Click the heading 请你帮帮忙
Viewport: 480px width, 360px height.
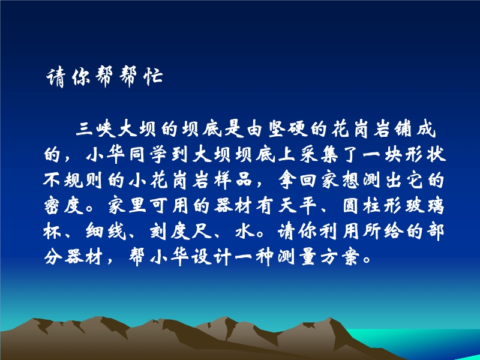tap(104, 77)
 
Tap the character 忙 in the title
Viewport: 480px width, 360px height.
tap(153, 76)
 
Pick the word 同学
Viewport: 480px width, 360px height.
tap(149, 154)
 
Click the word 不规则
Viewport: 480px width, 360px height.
tap(73, 180)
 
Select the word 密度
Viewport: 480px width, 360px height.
tap(64, 205)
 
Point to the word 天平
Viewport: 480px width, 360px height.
tap(298, 205)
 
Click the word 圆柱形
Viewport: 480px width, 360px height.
tap(373, 205)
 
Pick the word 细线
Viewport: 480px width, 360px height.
tap(106, 231)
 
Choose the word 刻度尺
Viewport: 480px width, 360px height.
tap(181, 231)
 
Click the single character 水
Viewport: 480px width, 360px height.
tap(245, 231)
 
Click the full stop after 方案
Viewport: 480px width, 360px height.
tap(366, 260)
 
